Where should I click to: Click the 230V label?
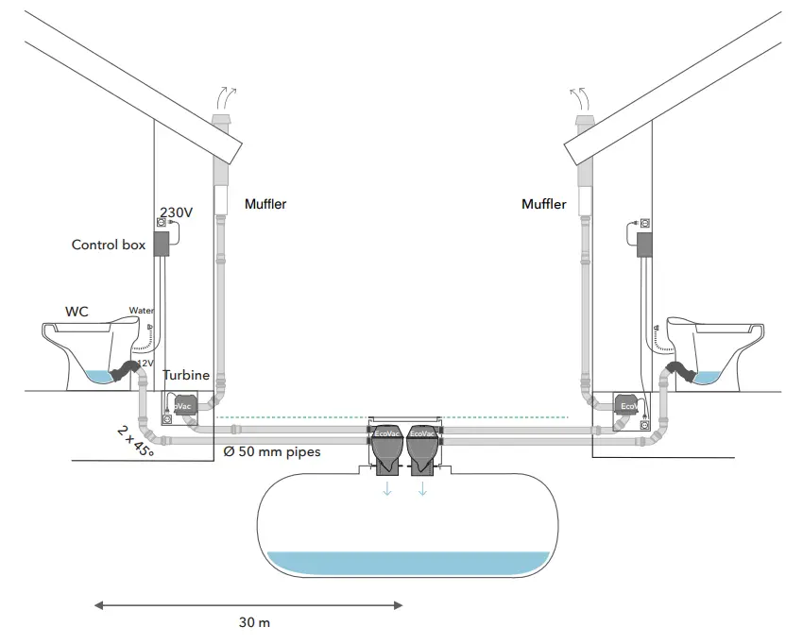point(177,212)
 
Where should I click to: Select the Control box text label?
point(109,245)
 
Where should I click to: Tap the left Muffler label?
point(265,204)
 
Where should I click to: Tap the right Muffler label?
point(544,204)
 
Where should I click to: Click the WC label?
point(77,310)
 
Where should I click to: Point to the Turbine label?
point(186,375)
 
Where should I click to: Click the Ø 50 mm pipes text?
point(272,451)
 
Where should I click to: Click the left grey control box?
point(161,244)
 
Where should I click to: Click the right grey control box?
point(646,245)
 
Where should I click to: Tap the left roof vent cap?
point(221,123)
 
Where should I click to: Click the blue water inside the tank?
point(409,563)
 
